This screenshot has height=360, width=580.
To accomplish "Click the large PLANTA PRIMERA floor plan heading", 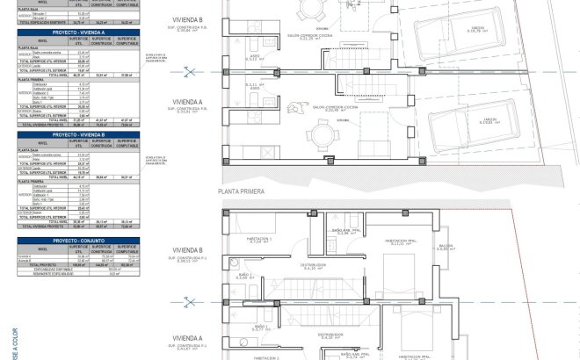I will point(242,190).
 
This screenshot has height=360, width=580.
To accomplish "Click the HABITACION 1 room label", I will point(259,238).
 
